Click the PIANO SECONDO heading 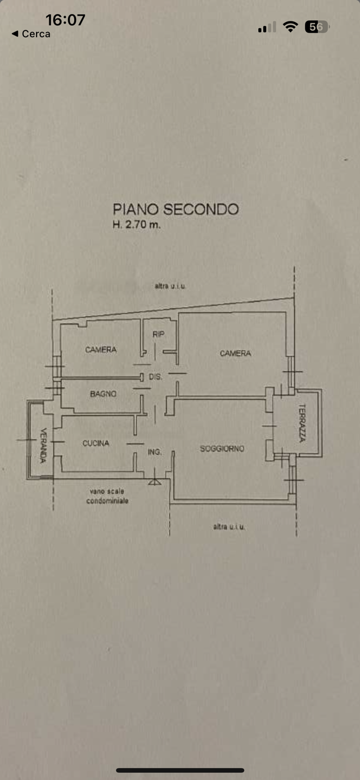(x=176, y=209)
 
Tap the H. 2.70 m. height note (x=137, y=224)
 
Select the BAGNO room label (x=103, y=394)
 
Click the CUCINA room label (x=96, y=443)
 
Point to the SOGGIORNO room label (x=222, y=449)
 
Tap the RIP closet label (x=159, y=334)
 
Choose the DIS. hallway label (x=156, y=377)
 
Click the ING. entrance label (x=155, y=452)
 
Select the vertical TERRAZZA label (x=302, y=423)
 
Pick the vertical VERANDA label (x=43, y=445)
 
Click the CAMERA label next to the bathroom (x=101, y=350)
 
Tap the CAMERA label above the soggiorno (x=235, y=353)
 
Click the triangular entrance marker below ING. (x=154, y=482)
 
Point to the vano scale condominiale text (x=107, y=496)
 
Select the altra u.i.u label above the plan (x=170, y=286)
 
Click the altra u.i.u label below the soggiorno (x=229, y=527)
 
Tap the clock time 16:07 (x=65, y=20)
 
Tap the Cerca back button (x=31, y=34)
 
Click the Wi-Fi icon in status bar (x=290, y=26)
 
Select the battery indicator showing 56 (x=317, y=27)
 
